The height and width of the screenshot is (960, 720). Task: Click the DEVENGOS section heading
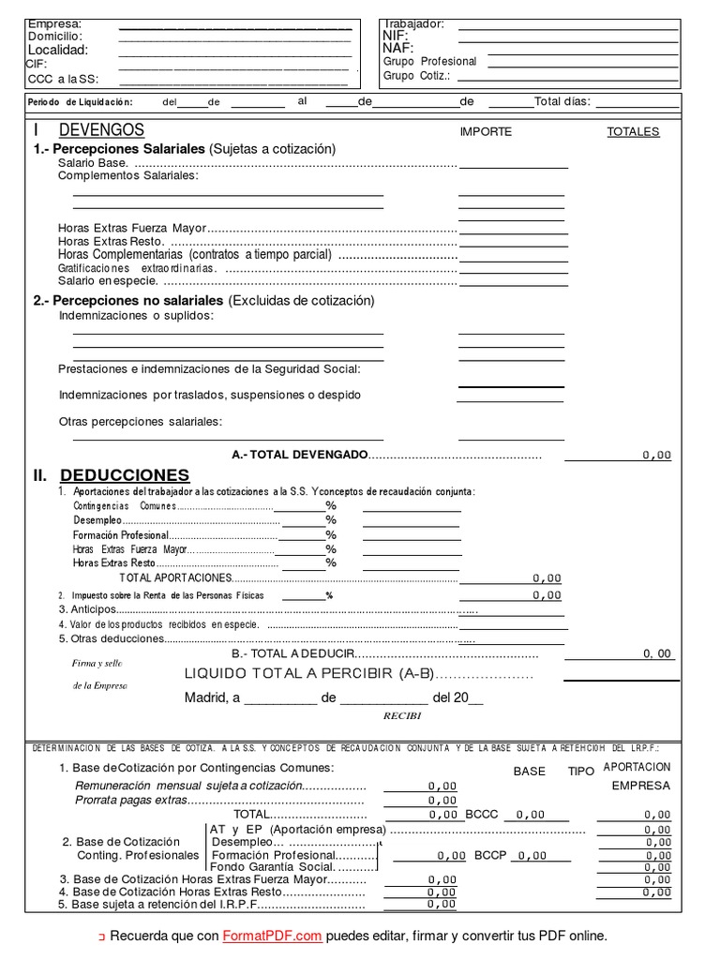pyautogui.click(x=101, y=130)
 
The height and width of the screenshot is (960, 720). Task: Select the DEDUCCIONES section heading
pyautogui.click(x=124, y=475)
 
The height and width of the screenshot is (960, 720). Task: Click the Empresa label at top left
pyautogui.click(x=54, y=23)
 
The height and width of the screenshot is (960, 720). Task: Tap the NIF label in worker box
pyautogui.click(x=396, y=36)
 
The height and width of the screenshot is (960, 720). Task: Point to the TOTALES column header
pyautogui.click(x=633, y=132)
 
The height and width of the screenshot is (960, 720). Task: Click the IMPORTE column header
pyautogui.click(x=486, y=132)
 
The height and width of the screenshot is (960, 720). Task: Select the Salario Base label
pyautogui.click(x=93, y=163)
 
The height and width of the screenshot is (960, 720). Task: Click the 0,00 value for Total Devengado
pyautogui.click(x=656, y=455)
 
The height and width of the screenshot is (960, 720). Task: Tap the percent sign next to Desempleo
pyautogui.click(x=330, y=520)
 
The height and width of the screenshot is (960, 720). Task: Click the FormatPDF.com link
pyautogui.click(x=272, y=936)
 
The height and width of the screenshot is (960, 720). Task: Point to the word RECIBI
pyautogui.click(x=402, y=715)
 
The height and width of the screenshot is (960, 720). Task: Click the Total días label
pyautogui.click(x=562, y=102)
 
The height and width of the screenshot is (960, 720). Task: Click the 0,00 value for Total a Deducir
pyautogui.click(x=656, y=653)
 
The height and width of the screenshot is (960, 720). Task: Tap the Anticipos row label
pyautogui.click(x=87, y=609)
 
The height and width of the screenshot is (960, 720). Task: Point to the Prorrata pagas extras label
pyautogui.click(x=131, y=801)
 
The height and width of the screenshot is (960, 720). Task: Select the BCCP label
pyautogui.click(x=490, y=856)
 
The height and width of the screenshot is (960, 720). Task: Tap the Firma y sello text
pyautogui.click(x=97, y=663)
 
